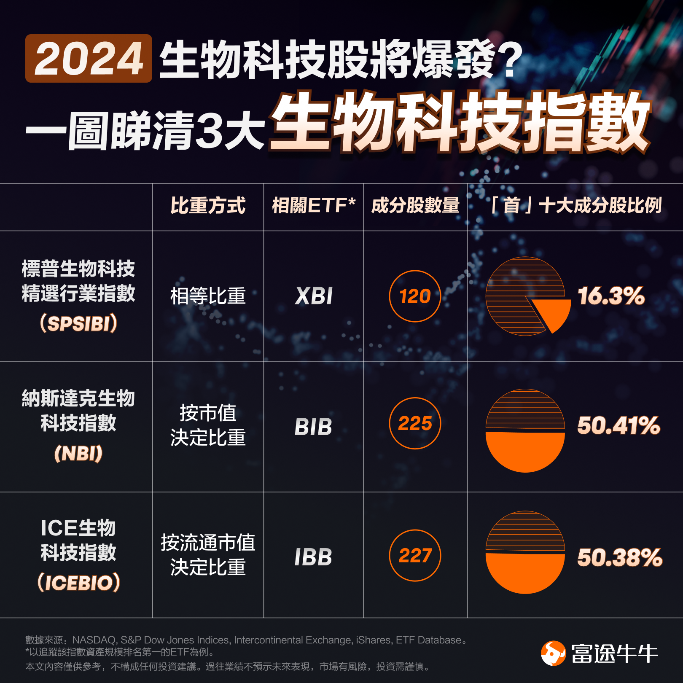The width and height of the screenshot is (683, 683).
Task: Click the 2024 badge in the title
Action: (x=89, y=58)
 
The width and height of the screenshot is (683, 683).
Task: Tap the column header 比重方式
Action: (x=208, y=206)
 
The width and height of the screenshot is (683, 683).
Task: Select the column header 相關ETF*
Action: (x=314, y=206)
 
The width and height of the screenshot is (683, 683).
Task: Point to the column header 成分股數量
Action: (x=415, y=206)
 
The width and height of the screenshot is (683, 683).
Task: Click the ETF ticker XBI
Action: (x=314, y=296)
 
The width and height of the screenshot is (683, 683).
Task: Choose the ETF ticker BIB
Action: (x=313, y=427)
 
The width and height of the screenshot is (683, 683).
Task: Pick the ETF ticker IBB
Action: (x=313, y=557)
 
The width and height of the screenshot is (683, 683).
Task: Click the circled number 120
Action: (x=415, y=296)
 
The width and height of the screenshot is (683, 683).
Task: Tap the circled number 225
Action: (x=415, y=423)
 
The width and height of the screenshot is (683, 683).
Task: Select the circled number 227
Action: (x=415, y=555)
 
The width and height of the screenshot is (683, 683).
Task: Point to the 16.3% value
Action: (x=611, y=296)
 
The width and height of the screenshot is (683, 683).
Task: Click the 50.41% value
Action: (x=618, y=425)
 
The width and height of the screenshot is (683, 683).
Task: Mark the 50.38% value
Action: (x=620, y=557)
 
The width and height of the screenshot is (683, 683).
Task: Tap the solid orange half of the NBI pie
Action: (x=525, y=451)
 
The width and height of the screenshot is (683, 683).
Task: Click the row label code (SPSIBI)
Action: (x=78, y=324)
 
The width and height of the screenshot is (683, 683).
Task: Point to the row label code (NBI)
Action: (x=78, y=454)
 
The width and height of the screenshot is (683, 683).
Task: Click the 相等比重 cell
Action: (x=208, y=296)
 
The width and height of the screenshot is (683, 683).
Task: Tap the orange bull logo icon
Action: (x=553, y=653)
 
